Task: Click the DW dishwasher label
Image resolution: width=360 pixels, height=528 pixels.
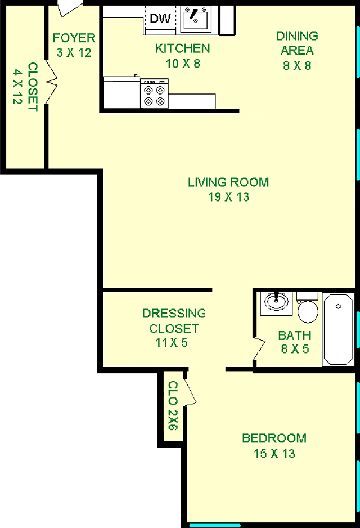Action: (160, 19)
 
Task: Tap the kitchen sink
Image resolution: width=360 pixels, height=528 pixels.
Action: (196, 19)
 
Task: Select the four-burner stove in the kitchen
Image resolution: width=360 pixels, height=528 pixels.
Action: (155, 94)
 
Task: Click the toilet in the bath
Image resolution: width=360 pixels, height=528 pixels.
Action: (308, 308)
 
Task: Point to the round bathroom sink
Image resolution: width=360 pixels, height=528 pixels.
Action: (277, 302)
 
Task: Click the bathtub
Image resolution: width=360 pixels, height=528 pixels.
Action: (339, 329)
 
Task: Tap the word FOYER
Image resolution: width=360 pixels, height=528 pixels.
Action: (74, 38)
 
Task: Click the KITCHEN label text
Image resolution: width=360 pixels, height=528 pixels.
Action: (183, 48)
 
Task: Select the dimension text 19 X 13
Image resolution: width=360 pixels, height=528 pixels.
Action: (229, 197)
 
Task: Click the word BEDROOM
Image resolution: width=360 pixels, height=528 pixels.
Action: (274, 438)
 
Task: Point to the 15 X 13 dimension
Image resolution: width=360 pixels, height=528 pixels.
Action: (274, 454)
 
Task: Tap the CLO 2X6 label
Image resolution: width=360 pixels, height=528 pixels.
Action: (173, 405)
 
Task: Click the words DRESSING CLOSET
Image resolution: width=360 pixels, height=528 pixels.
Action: (174, 321)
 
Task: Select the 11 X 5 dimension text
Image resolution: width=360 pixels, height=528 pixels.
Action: (171, 343)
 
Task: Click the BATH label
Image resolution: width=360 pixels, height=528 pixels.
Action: (295, 335)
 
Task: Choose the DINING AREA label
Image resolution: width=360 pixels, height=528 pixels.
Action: (297, 43)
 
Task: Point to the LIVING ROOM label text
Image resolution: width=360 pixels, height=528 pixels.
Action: (228, 182)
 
